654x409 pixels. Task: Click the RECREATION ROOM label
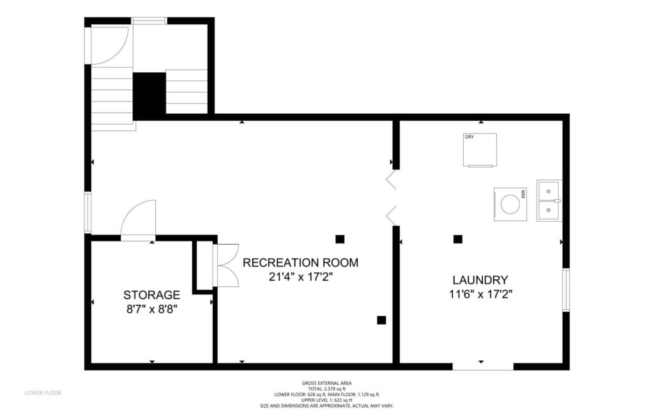[300, 263]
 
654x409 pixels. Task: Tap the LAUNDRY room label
[480, 280]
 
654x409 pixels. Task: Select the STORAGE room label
[152, 295]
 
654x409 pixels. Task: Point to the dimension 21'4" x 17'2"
[300, 277]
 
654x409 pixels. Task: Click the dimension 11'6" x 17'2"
[480, 294]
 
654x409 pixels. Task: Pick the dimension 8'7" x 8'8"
[152, 310]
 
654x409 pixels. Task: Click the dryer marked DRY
[480, 150]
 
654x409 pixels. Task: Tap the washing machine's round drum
[510, 204]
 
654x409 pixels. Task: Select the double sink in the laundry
[549, 201]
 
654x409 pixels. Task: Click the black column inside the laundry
[458, 239]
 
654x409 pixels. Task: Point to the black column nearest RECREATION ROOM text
[340, 239]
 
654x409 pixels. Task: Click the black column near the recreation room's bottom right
[381, 320]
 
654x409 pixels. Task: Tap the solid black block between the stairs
[149, 96]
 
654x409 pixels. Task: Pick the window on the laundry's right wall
[566, 289]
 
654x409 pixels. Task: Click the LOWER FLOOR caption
[43, 393]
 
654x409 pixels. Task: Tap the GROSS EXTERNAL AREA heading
[326, 383]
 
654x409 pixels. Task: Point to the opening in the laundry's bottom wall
[483, 366]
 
